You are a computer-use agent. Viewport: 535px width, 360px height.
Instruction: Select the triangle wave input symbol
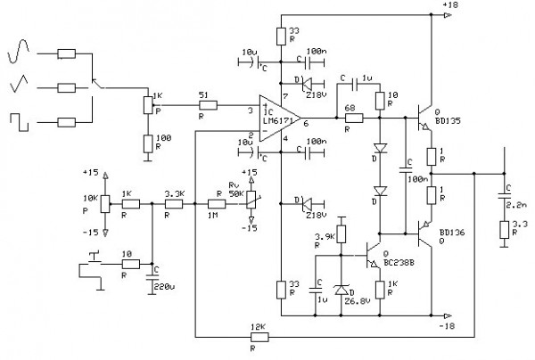pos(21,87)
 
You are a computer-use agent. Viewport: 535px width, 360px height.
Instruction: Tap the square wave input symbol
pos(21,120)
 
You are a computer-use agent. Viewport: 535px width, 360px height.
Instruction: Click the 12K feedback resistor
pos(259,338)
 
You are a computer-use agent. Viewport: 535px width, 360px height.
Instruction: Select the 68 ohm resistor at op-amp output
pos(354,117)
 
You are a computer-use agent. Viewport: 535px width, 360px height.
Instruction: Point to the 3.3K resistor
pos(173,203)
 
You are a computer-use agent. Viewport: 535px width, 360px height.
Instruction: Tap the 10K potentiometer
pos(105,203)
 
